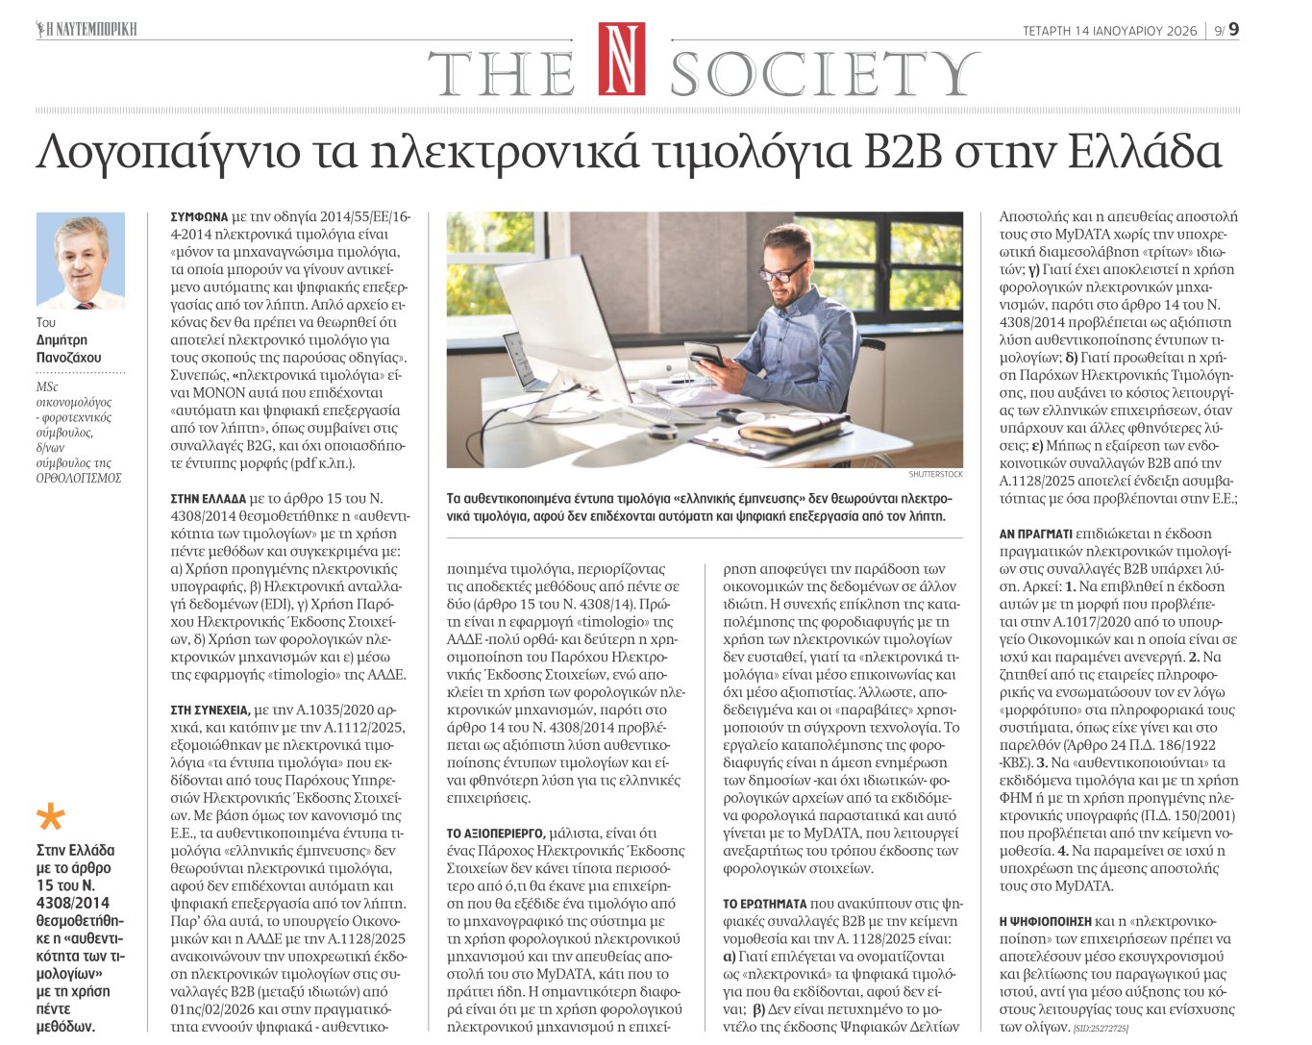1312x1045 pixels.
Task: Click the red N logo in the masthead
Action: [x=621, y=60]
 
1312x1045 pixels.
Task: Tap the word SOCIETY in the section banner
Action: [x=824, y=73]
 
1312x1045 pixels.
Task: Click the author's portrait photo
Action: [x=81, y=261]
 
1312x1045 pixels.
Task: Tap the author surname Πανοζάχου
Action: [x=68, y=358]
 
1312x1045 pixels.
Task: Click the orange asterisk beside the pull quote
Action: [x=50, y=818]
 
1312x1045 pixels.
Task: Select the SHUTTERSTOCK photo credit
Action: [x=935, y=475]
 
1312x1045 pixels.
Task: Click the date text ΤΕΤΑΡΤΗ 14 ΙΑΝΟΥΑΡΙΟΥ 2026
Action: [x=1109, y=31]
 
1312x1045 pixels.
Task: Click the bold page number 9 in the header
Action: [x=1233, y=30]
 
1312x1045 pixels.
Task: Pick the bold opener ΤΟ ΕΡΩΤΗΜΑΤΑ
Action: [x=764, y=904]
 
